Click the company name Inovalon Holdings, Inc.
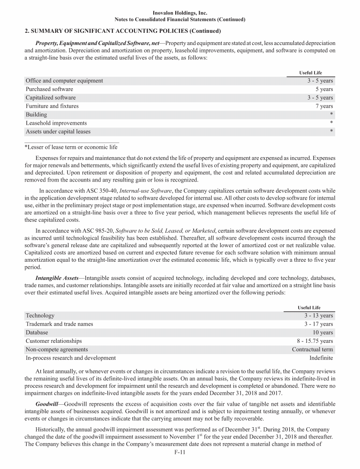180,13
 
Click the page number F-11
180,453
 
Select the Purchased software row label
49,89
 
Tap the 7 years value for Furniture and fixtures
324,106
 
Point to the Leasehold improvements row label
56,123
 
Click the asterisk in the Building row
331,114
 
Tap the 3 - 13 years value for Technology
319,316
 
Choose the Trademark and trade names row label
59,324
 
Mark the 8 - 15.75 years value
315,341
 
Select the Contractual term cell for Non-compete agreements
312,349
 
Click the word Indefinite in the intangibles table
321,358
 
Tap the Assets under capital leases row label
58,131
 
